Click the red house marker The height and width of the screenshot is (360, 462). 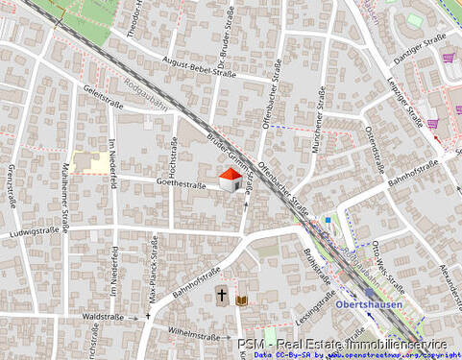tap(231, 180)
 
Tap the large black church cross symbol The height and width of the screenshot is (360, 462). tap(221, 297)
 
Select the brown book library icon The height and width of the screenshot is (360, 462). tap(241, 300)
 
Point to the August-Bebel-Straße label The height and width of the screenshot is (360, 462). tap(199, 66)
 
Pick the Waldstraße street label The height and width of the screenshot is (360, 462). tap(106, 315)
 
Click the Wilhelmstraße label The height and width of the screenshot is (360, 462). tap(193, 335)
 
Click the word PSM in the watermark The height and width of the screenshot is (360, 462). tap(250, 343)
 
